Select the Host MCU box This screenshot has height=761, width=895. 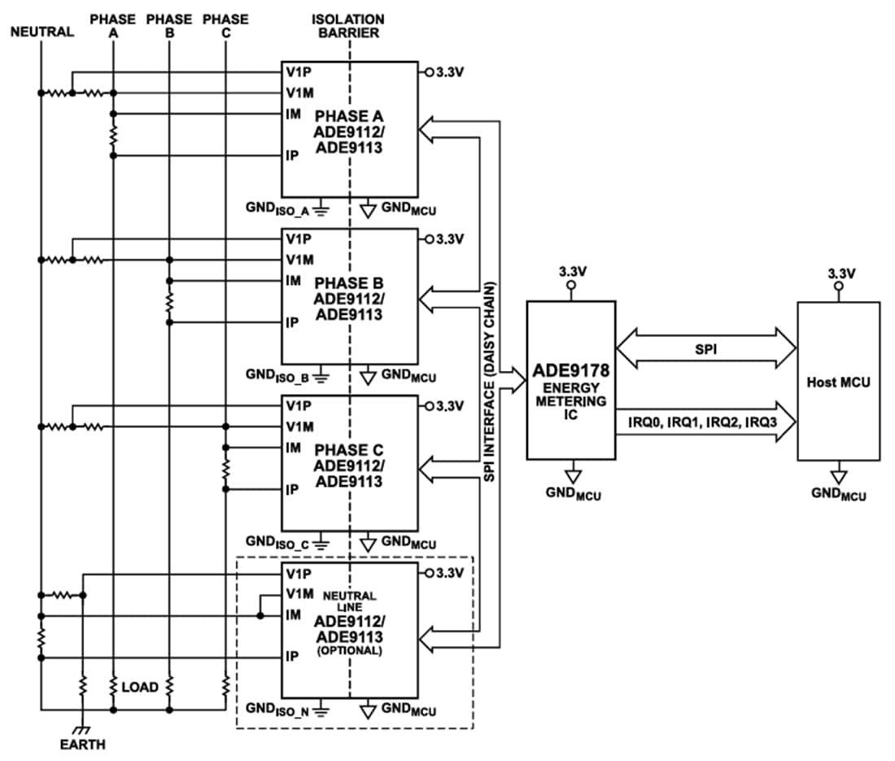(838, 383)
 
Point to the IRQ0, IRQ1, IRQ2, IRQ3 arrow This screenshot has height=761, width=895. (705, 422)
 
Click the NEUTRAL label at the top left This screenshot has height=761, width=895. (42, 33)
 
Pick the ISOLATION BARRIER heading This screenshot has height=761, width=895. (348, 26)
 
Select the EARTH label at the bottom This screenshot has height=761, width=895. (82, 744)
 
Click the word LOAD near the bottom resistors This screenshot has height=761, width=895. (141, 687)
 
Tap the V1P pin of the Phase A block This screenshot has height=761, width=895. (295, 71)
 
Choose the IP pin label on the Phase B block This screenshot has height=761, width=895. (291, 322)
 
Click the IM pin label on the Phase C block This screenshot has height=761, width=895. (293, 448)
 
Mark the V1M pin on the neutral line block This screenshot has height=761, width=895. (299, 594)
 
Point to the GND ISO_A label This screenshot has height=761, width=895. (279, 209)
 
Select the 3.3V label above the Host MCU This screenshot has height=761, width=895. (839, 274)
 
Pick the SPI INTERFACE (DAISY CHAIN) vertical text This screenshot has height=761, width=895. (489, 383)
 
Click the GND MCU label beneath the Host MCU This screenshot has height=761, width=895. (839, 494)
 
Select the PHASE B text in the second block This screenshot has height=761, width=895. (349, 283)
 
